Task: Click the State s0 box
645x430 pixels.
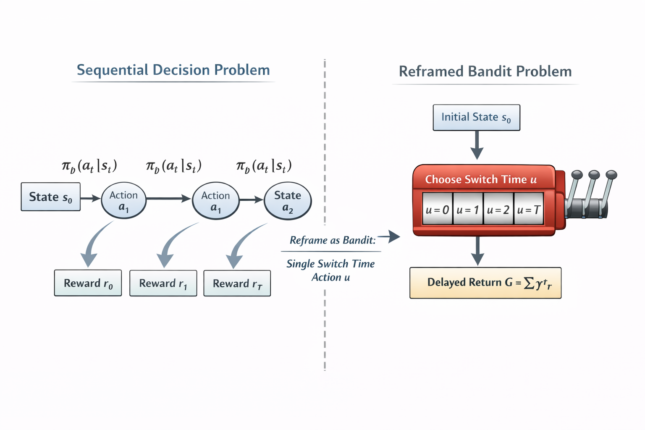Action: pos(50,197)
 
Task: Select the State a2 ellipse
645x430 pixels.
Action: pos(288,201)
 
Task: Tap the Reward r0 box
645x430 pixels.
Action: pos(88,283)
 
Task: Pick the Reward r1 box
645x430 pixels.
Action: pos(163,283)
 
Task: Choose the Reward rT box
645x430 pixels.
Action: pos(237,283)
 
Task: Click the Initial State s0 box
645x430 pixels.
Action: pos(476,118)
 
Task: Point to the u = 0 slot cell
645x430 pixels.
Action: pos(437,209)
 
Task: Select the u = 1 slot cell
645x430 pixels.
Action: pos(468,209)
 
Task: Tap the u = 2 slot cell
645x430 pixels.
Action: pos(498,209)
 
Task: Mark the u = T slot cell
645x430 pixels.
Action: pos(529,209)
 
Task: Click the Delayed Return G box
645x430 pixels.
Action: pos(485,283)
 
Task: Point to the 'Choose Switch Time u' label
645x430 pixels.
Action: pos(481,179)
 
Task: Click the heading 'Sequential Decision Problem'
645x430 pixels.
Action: pos(173,70)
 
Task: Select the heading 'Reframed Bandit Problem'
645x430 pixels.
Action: pos(485,71)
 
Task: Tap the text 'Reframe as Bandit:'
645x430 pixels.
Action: pos(333,240)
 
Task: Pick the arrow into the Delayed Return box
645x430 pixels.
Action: pos(477,251)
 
